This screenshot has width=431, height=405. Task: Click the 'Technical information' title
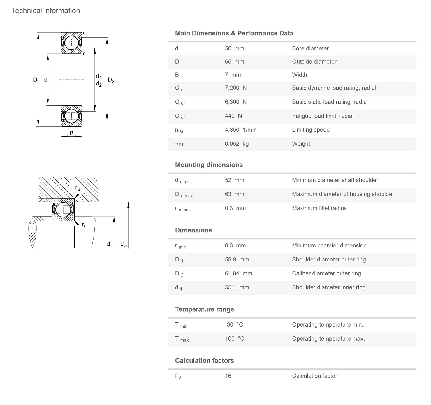pos(46,11)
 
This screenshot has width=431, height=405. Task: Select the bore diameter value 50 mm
pos(234,48)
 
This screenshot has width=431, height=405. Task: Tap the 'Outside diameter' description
pos(314,62)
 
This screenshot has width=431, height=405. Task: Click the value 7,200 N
pos(235,88)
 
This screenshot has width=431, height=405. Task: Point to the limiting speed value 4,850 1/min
pos(240,130)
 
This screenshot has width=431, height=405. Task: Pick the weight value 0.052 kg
pos(237,144)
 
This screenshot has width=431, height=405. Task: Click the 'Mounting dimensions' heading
pos(209,165)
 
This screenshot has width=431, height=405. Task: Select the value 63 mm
pos(234,194)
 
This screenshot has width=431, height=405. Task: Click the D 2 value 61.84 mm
pos(238,273)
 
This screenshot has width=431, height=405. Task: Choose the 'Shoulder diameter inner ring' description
pos(328,287)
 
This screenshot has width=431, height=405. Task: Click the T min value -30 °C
pos(234,325)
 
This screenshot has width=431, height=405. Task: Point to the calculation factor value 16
pos(228,376)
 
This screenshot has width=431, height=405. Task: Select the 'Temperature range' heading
pos(204,309)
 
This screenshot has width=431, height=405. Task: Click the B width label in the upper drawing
pos(71,133)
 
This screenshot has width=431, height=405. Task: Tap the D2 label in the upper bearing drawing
pos(111,80)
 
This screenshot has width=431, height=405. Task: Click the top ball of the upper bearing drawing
pos(71,43)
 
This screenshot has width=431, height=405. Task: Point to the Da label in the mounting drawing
pos(124,244)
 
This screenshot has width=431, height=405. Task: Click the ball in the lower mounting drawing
pos(63,210)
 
